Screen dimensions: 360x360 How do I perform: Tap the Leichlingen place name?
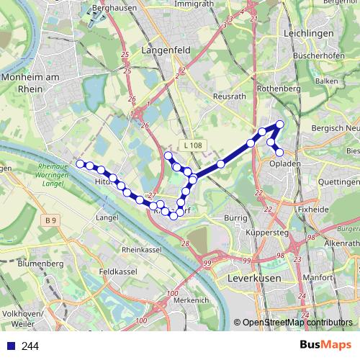[x=318, y=33]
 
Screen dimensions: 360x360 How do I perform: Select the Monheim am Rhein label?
[x=30, y=81]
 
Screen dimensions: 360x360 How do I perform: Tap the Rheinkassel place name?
[x=140, y=249]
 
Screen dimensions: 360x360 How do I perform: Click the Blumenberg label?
[x=41, y=264]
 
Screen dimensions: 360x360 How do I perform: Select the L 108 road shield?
[x=192, y=145]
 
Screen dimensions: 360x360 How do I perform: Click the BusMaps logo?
[x=325, y=345]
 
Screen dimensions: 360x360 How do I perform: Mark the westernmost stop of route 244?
[x=80, y=163]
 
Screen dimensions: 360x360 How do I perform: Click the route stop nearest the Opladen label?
[x=279, y=152]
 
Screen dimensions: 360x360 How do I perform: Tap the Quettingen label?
[x=337, y=182]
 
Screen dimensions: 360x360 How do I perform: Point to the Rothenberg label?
[x=277, y=88]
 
